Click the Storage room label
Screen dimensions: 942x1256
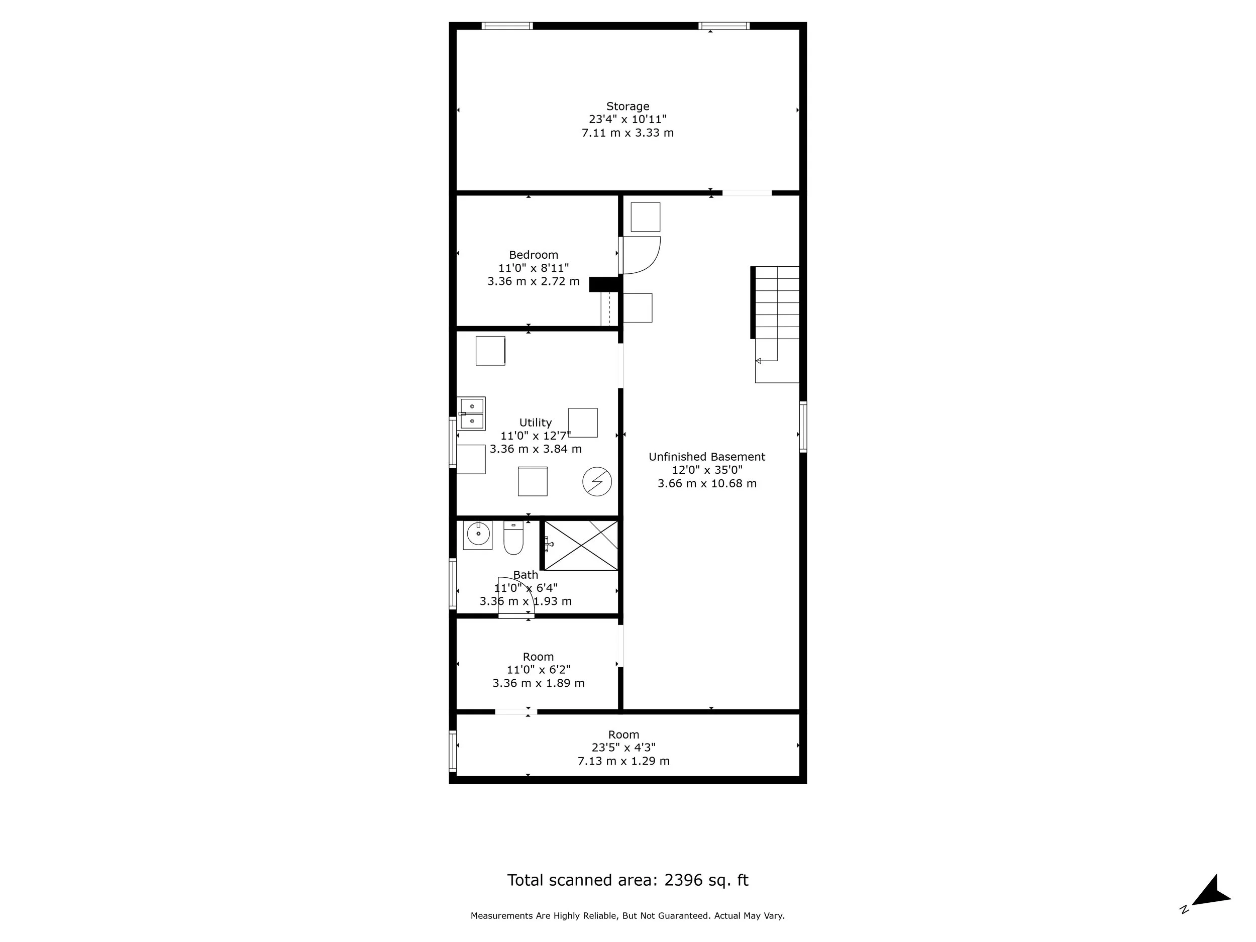point(627,106)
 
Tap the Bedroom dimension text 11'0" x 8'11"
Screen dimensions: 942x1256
point(533,268)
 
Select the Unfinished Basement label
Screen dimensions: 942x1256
point(706,457)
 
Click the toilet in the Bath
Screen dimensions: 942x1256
point(513,538)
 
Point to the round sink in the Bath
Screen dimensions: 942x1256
point(478,535)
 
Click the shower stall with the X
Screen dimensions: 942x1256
point(580,545)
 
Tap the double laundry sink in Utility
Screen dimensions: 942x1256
point(471,413)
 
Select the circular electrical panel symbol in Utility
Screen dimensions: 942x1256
point(597,481)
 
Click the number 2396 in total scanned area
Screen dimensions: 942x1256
point(684,880)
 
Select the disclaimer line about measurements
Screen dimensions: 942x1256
point(627,916)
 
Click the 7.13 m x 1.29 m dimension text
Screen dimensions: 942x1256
point(623,761)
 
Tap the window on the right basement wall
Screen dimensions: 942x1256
point(803,427)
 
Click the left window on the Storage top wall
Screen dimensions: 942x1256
point(507,26)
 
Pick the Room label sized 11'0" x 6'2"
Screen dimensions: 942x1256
point(538,657)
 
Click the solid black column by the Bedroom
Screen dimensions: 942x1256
point(603,284)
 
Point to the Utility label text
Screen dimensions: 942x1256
point(536,423)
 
